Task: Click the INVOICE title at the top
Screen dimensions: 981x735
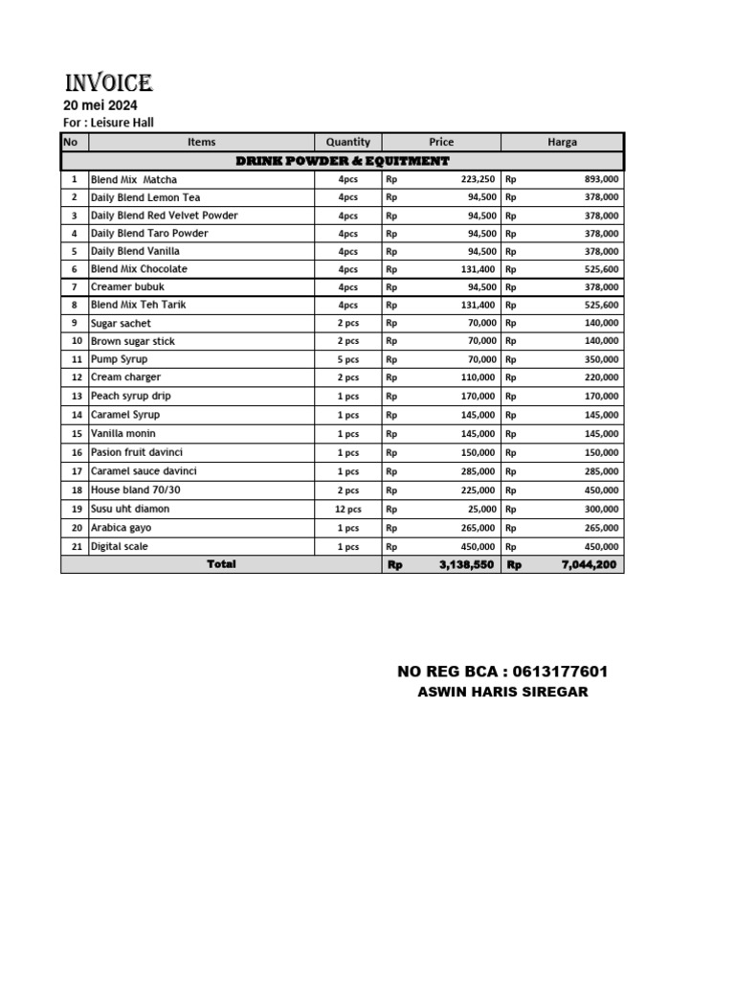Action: (x=107, y=83)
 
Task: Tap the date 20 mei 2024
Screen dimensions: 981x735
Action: (x=100, y=105)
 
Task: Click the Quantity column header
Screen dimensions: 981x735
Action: (x=347, y=142)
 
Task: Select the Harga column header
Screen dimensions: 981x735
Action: (x=562, y=142)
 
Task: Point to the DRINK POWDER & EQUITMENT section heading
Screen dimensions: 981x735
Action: (x=342, y=161)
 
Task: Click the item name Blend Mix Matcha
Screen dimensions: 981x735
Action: (x=134, y=179)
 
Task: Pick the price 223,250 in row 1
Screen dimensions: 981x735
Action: (x=478, y=179)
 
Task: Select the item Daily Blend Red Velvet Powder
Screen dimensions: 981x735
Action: (x=164, y=216)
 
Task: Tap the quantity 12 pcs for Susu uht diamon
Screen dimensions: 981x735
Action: (x=347, y=510)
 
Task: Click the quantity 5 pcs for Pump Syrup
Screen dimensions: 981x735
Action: (x=347, y=359)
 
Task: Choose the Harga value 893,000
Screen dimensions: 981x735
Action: (x=601, y=179)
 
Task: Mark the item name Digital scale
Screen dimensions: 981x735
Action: (x=120, y=546)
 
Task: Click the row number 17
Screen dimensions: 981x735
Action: (x=75, y=471)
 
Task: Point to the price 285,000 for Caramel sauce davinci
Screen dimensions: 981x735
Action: (x=478, y=471)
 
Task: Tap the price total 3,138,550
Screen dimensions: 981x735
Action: (x=466, y=565)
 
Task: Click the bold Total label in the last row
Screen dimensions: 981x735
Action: (x=221, y=564)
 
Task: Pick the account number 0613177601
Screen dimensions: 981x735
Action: (x=554, y=672)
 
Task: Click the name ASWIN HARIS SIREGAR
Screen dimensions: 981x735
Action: (x=502, y=692)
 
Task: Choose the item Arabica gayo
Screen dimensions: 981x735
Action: (x=121, y=528)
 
